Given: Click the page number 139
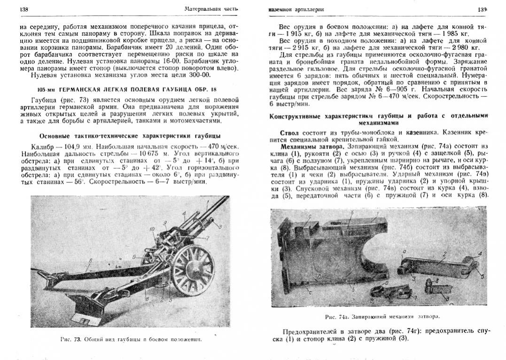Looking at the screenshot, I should (x=482, y=9).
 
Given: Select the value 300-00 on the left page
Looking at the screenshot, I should (x=200, y=75).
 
